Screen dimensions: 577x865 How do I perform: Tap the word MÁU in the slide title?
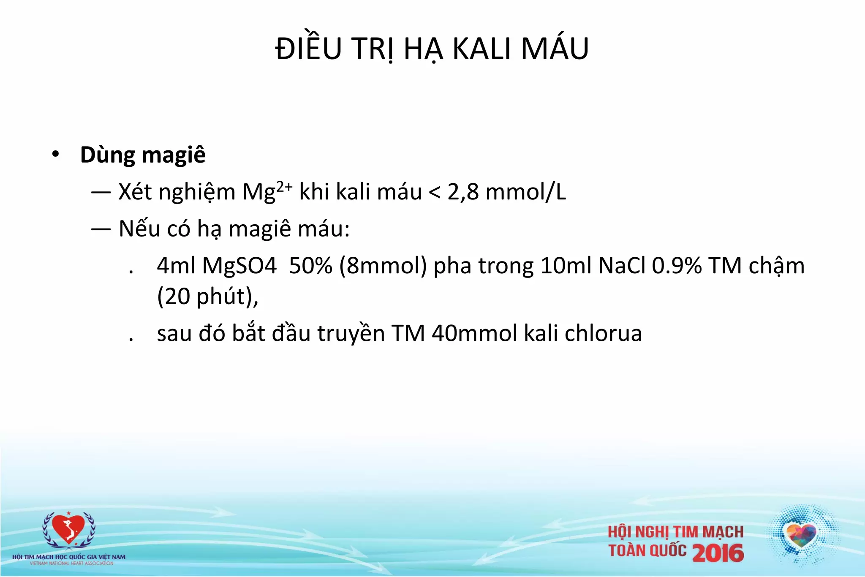tap(555, 49)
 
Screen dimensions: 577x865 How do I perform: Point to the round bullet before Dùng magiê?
tap(55, 155)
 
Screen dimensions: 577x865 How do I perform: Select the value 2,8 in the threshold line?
tap(463, 192)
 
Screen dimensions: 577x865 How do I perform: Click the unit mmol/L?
tap(526, 192)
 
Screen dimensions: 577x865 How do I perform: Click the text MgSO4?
tap(239, 266)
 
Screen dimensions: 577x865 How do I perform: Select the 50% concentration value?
tap(310, 266)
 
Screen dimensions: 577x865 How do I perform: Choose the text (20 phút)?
tap(207, 297)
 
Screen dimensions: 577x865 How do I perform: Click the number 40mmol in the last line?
tap(474, 333)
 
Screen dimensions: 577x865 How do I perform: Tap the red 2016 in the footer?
tap(718, 553)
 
